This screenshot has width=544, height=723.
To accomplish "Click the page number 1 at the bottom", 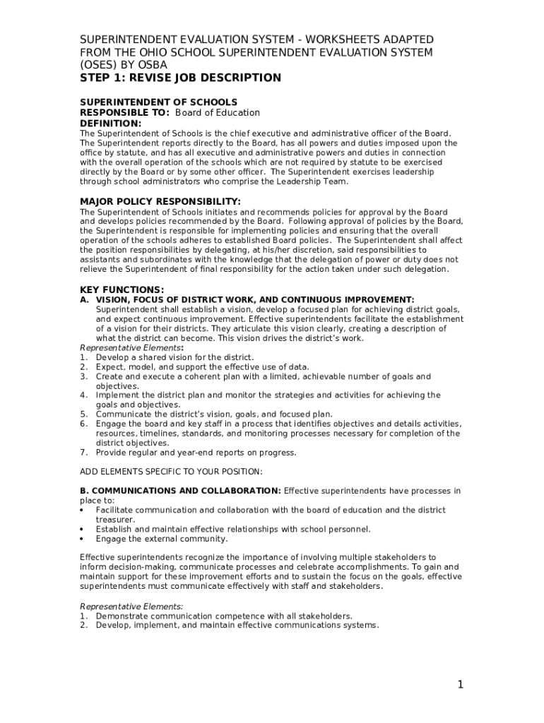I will coord(460,684).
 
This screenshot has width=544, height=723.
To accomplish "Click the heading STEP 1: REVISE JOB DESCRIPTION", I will coord(180,78).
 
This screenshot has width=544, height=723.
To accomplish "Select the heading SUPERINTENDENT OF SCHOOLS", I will coord(158,102).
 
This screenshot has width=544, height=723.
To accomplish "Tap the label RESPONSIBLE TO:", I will coord(125,113).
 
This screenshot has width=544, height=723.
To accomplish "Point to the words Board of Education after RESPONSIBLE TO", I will coord(218,113).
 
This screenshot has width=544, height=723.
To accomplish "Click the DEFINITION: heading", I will coord(111,123).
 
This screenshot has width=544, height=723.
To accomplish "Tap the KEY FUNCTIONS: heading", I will coord(122,289).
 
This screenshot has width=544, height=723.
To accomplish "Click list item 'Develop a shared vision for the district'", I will coord(175,357).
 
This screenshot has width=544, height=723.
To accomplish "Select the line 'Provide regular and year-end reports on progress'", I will coord(196,453).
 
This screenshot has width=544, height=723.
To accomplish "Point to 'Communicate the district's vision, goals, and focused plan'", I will coord(214,414).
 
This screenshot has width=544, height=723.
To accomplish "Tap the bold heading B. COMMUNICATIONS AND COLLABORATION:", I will coord(180,491).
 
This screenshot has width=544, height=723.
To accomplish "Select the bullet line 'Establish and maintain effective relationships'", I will coord(233,529).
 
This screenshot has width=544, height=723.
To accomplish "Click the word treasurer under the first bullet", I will coord(116,519).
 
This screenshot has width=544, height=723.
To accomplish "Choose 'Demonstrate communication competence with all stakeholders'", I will coord(224,616).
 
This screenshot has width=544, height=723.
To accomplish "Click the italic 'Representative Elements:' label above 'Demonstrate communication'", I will coord(131,606).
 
